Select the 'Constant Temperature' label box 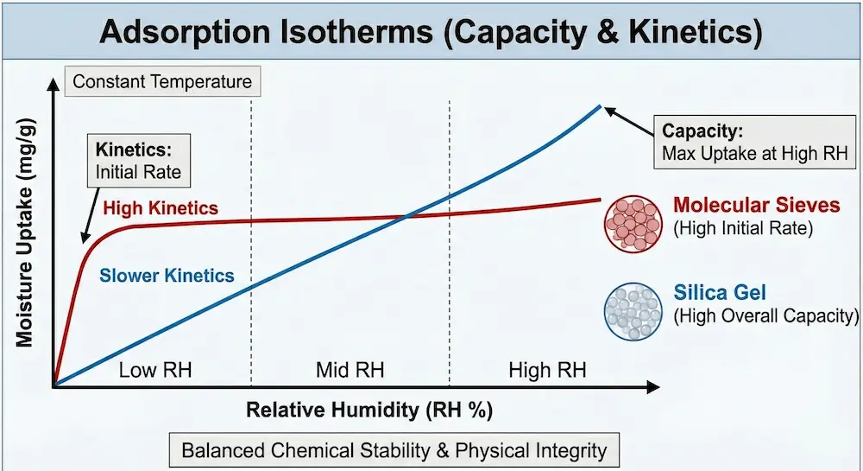[162, 83]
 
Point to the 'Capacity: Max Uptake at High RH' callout [755, 143]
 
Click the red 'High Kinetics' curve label [160, 208]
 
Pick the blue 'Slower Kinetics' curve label [167, 277]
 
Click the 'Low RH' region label [154, 371]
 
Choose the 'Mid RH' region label [350, 371]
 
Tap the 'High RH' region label [547, 371]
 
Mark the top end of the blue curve [601, 105]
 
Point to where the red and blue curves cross [407, 216]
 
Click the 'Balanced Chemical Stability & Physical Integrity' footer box [394, 450]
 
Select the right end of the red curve [600, 200]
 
